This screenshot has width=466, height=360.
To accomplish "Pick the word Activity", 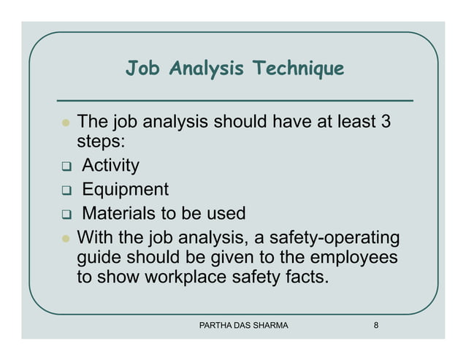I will [110, 166].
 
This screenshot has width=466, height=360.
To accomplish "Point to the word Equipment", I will [125, 190].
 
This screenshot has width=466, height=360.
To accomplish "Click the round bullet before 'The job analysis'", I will [64, 121].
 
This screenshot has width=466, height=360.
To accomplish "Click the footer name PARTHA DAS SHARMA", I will [243, 325].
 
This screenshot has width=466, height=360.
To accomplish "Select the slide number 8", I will [375, 325].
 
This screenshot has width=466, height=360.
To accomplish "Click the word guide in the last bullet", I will [99, 258].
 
